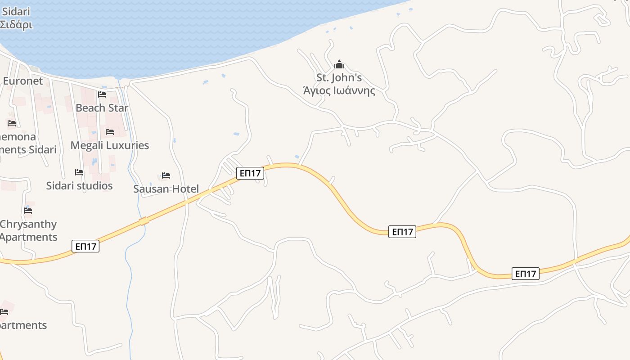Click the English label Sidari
click(x=16, y=11)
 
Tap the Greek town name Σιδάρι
click(x=16, y=25)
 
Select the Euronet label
click(x=22, y=81)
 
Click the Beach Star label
click(x=102, y=108)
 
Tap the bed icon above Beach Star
click(x=102, y=94)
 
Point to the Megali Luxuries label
click(x=109, y=145)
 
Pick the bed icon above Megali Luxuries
click(x=110, y=132)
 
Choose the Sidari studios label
click(x=79, y=186)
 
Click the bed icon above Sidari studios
click(x=79, y=172)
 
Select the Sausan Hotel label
click(x=166, y=189)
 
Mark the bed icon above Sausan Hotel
click(x=166, y=175)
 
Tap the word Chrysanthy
click(x=28, y=224)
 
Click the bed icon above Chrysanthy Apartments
click(x=28, y=211)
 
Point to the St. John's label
click(x=339, y=78)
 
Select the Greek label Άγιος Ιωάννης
click(x=339, y=91)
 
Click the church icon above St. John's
click(x=339, y=65)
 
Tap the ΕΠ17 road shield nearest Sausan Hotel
click(x=250, y=173)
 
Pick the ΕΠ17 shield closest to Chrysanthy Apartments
click(x=85, y=246)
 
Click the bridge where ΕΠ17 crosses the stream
click(x=144, y=221)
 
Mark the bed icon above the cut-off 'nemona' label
click(x=12, y=123)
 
